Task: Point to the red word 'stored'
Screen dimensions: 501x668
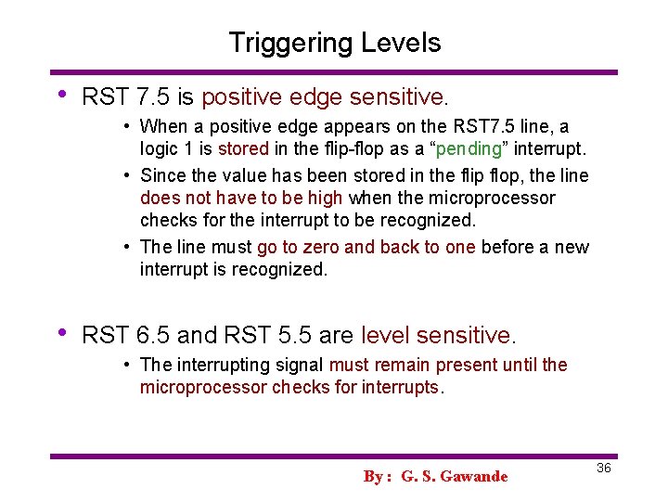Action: click(243, 149)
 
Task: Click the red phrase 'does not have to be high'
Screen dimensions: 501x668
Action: click(241, 198)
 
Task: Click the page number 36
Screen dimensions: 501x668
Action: click(603, 469)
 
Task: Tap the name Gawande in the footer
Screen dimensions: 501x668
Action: click(474, 477)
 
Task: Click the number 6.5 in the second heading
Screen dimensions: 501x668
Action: click(155, 334)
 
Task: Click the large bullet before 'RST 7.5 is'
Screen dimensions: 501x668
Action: click(62, 95)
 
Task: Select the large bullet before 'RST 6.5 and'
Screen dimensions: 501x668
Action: click(62, 332)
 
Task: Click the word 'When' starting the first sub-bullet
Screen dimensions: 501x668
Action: click(163, 126)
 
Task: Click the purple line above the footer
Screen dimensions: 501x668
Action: click(334, 456)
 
